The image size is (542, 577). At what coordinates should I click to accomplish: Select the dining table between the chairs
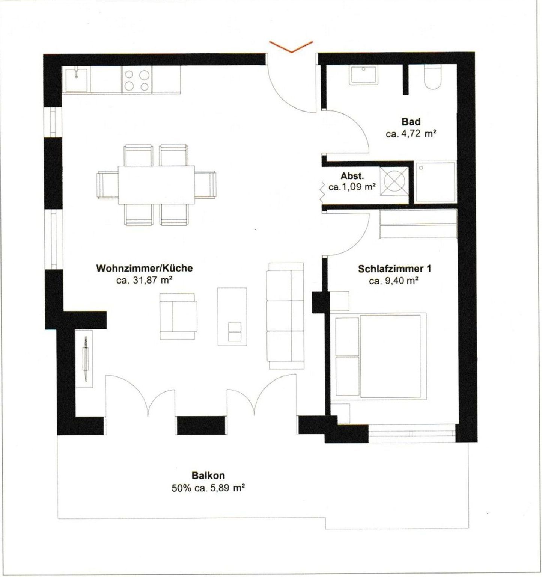tap(156, 184)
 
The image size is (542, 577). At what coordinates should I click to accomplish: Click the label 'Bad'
tap(411, 122)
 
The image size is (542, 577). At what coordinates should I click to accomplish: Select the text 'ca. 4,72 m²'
tap(411, 134)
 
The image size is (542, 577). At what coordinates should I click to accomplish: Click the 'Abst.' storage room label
tap(352, 176)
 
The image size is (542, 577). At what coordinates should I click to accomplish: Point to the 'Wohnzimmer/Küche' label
tap(145, 268)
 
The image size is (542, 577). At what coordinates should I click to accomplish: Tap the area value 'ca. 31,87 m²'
tap(145, 280)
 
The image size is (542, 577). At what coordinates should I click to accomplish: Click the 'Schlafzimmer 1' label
tap(394, 269)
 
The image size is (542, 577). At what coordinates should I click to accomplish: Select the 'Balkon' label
tap(208, 475)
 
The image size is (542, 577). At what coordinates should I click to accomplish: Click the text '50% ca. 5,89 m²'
tap(208, 488)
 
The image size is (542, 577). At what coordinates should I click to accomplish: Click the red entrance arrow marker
tap(291, 47)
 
